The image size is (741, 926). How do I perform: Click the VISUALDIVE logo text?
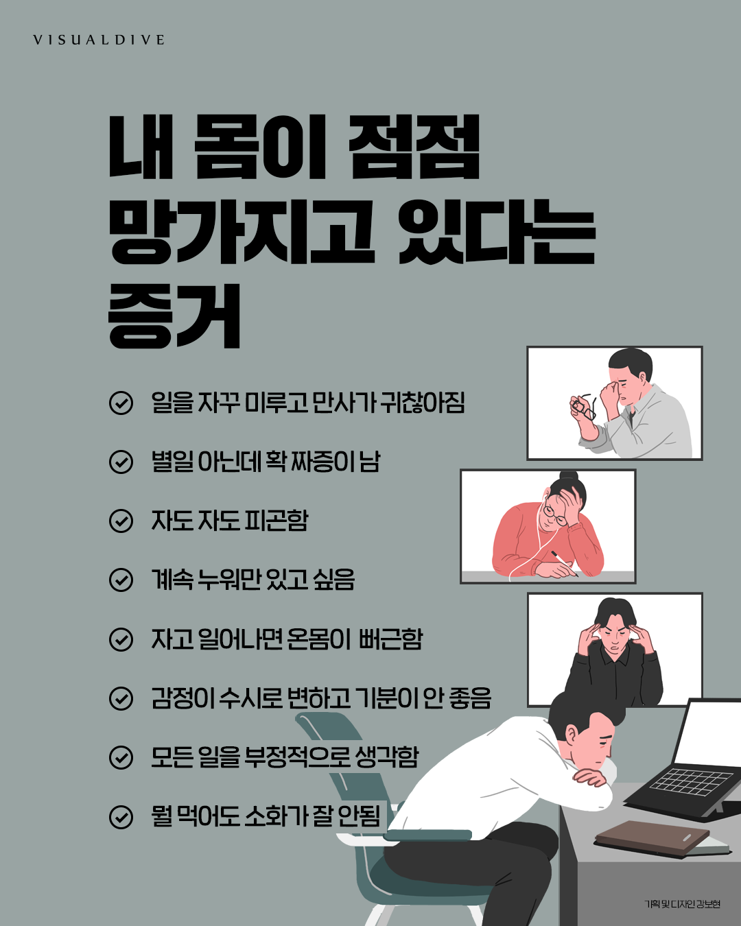click(x=99, y=40)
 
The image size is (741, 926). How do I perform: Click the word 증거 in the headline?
click(x=175, y=317)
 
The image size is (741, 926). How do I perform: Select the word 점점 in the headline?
click(x=414, y=147)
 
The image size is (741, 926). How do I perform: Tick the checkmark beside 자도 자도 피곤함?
click(x=121, y=521)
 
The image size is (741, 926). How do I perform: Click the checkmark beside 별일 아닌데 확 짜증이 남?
click(x=121, y=462)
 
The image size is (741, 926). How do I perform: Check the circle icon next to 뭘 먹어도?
click(x=121, y=817)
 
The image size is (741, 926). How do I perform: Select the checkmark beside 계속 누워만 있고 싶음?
click(x=121, y=580)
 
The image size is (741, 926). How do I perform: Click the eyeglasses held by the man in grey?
click(x=583, y=406)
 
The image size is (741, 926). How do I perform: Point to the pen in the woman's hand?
click(x=564, y=563)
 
